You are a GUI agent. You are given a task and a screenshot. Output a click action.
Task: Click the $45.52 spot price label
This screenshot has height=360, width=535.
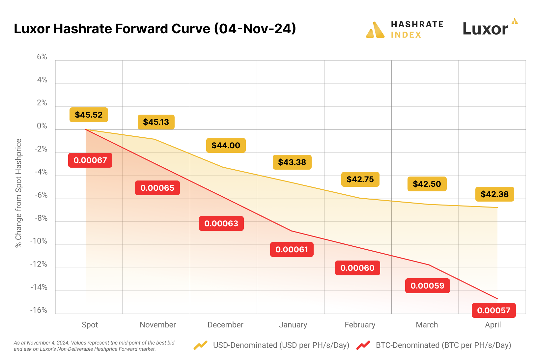[x=89, y=115]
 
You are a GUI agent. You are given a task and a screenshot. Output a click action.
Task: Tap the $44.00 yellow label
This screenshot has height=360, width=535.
[x=226, y=145]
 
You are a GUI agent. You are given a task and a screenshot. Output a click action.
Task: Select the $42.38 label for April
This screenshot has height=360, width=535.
[x=494, y=194]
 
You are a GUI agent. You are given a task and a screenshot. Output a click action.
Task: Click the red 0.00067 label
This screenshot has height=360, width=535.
[x=90, y=160]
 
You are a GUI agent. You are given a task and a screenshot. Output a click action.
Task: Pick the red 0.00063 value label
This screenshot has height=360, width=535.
[x=221, y=223]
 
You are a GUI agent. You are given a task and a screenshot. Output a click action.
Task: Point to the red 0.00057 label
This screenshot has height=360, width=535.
[x=493, y=310]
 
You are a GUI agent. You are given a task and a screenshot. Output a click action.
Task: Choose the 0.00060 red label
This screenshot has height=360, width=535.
[x=357, y=268]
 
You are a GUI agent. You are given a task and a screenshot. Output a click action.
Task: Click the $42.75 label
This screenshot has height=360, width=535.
[x=360, y=179]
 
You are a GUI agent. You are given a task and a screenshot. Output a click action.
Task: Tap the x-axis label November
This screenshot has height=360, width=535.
[x=158, y=325]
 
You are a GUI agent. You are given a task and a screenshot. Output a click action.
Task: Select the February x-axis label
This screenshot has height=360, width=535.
[x=360, y=325]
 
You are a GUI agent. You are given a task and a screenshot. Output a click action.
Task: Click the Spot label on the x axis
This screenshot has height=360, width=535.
[x=90, y=325]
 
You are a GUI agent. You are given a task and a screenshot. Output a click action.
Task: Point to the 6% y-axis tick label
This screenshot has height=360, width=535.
[x=42, y=57]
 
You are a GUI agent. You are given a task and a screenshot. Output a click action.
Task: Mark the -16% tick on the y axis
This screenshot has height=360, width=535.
[x=39, y=310]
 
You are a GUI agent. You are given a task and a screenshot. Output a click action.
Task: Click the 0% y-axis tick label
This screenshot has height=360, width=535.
[x=42, y=126]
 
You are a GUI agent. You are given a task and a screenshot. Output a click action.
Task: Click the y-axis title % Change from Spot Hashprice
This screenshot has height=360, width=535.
[x=18, y=193]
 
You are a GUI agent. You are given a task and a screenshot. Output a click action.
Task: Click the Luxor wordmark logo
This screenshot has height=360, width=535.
[x=485, y=29]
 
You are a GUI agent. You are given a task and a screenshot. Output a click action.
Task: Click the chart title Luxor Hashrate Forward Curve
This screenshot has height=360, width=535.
[x=155, y=29]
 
